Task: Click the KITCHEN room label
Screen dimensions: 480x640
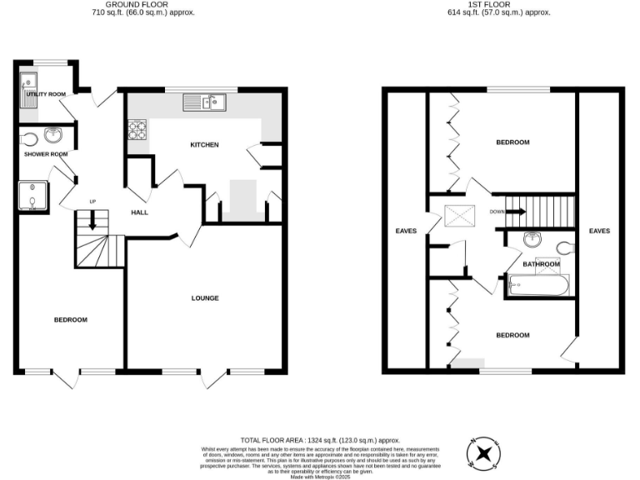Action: point(204,145)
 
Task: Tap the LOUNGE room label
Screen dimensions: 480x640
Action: point(205,297)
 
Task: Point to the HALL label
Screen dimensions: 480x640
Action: point(139,212)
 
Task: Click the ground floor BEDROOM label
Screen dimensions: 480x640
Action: point(70,320)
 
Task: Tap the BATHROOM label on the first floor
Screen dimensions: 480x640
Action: point(541,264)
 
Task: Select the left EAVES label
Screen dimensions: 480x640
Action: point(405,231)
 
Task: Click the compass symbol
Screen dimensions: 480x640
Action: point(483,453)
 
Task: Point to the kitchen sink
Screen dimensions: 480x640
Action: point(205,102)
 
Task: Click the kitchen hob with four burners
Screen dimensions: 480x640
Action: point(137,129)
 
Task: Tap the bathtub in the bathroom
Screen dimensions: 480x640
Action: point(538,286)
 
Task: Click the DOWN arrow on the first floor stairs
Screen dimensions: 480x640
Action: point(516,212)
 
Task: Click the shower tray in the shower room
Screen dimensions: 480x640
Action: point(32,197)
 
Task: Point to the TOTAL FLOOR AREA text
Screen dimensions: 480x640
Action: point(320,439)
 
